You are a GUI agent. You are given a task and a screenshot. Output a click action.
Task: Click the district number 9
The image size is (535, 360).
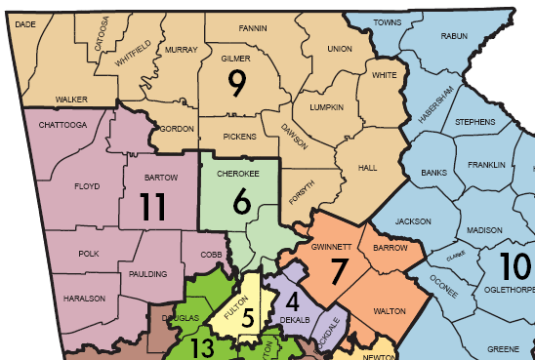236,84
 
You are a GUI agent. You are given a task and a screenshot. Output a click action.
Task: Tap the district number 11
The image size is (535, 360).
151,208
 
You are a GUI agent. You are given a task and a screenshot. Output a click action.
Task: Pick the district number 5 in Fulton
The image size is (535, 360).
248,317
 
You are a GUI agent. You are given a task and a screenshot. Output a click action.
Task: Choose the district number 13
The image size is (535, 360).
203,348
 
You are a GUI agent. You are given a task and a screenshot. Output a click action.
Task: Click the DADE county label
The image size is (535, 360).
27,26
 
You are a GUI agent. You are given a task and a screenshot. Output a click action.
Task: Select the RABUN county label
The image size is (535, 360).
455,36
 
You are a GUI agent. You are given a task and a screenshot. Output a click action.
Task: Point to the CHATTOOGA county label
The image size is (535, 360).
64,125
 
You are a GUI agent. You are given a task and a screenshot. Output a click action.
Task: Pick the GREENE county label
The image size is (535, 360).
504,348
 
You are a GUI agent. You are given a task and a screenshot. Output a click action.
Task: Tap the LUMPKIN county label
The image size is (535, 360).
327,107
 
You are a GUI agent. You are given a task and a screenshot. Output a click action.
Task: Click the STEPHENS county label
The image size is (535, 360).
474,121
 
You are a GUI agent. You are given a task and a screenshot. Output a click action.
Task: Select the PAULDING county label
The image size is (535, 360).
148,274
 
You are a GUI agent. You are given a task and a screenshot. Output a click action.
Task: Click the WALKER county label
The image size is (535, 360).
72,100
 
